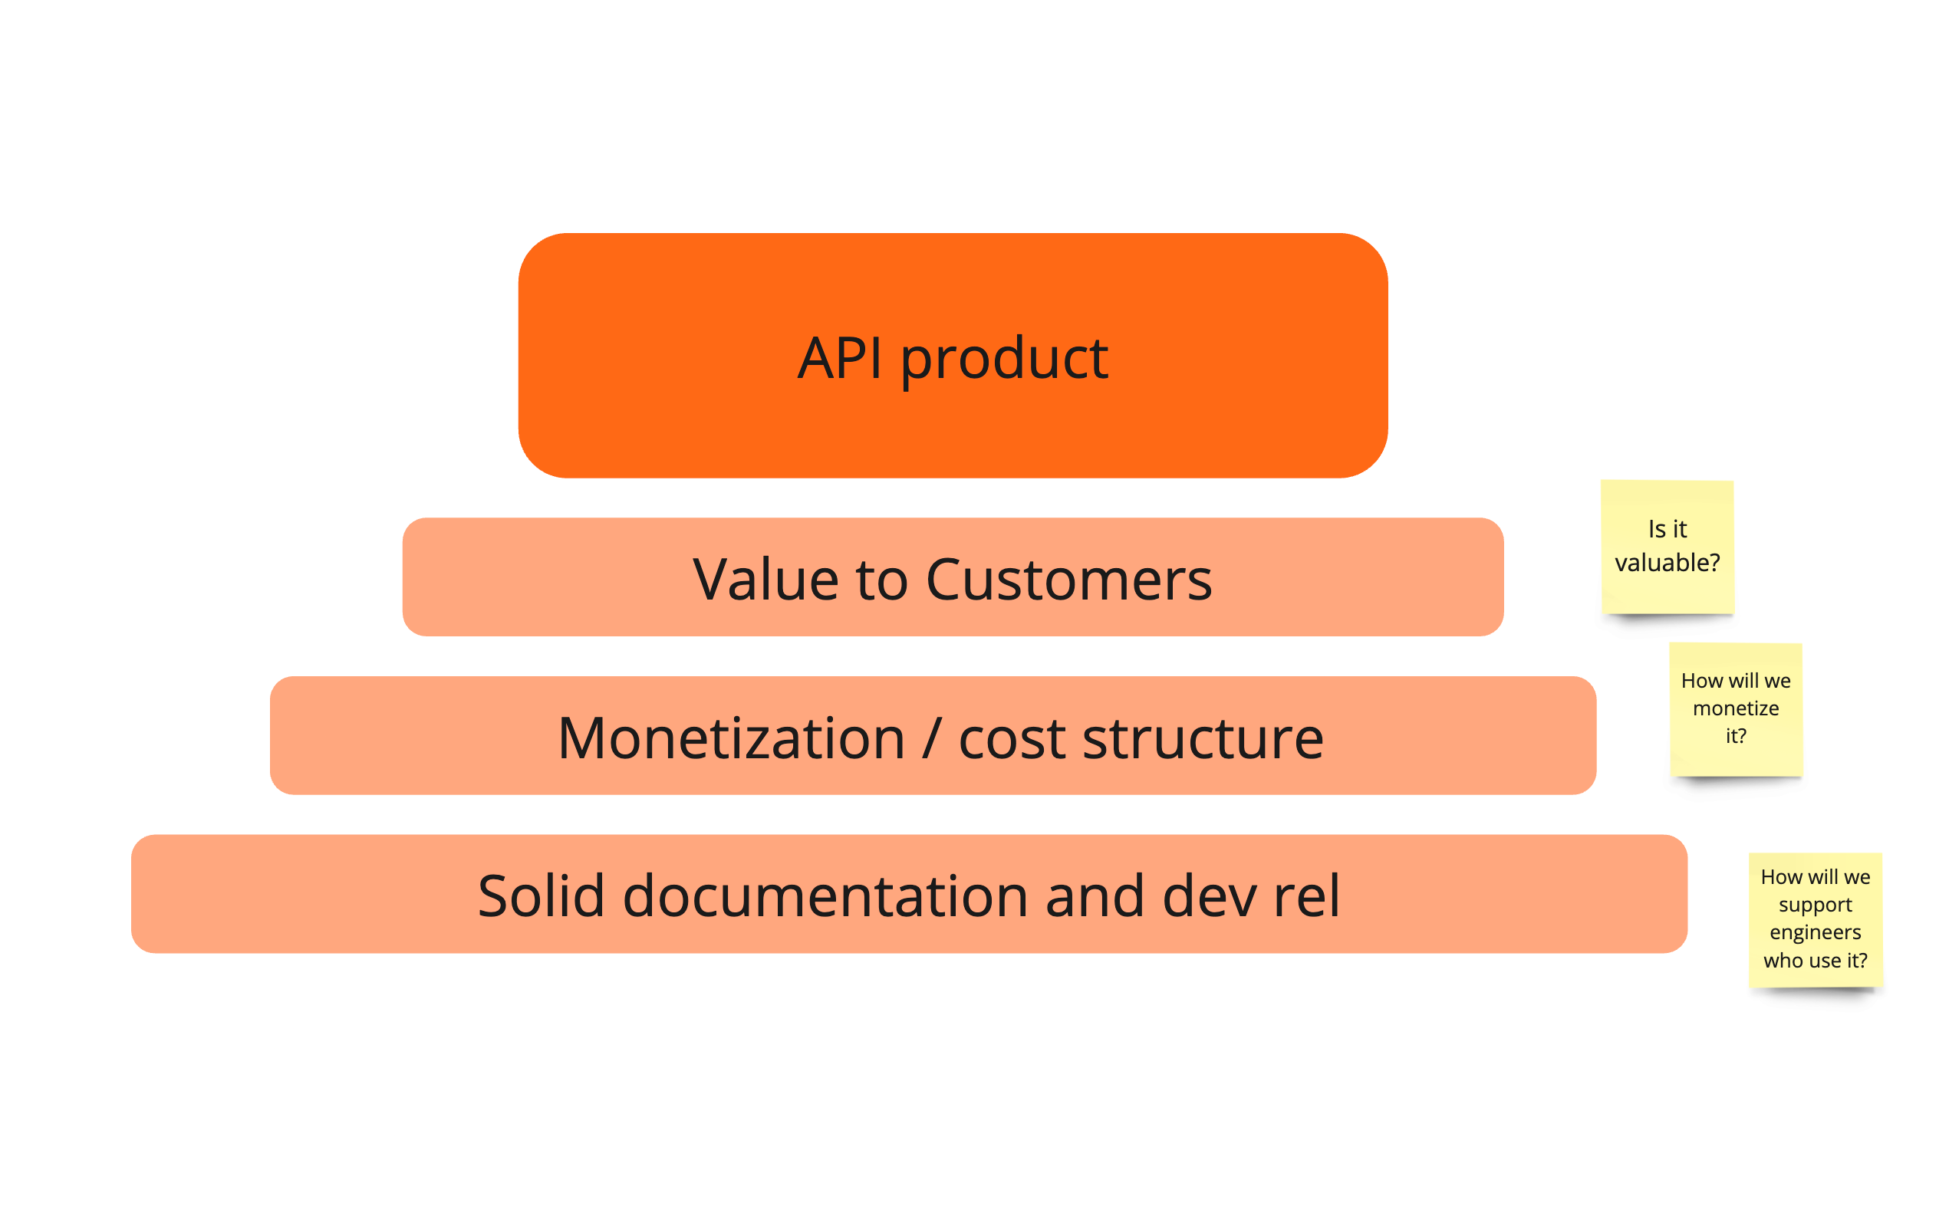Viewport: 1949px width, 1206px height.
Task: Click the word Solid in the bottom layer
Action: (x=540, y=895)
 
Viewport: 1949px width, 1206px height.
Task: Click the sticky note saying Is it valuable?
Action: (x=1667, y=547)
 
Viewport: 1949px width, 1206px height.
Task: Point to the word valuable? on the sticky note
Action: (x=1667, y=563)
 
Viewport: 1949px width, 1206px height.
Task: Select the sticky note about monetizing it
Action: (x=1735, y=708)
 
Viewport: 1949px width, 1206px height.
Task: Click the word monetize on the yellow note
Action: (x=1735, y=708)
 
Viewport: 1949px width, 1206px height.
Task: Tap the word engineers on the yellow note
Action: (x=1815, y=932)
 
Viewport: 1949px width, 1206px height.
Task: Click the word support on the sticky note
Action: (x=1815, y=905)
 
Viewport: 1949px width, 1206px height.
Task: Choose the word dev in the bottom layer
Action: (x=1210, y=895)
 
